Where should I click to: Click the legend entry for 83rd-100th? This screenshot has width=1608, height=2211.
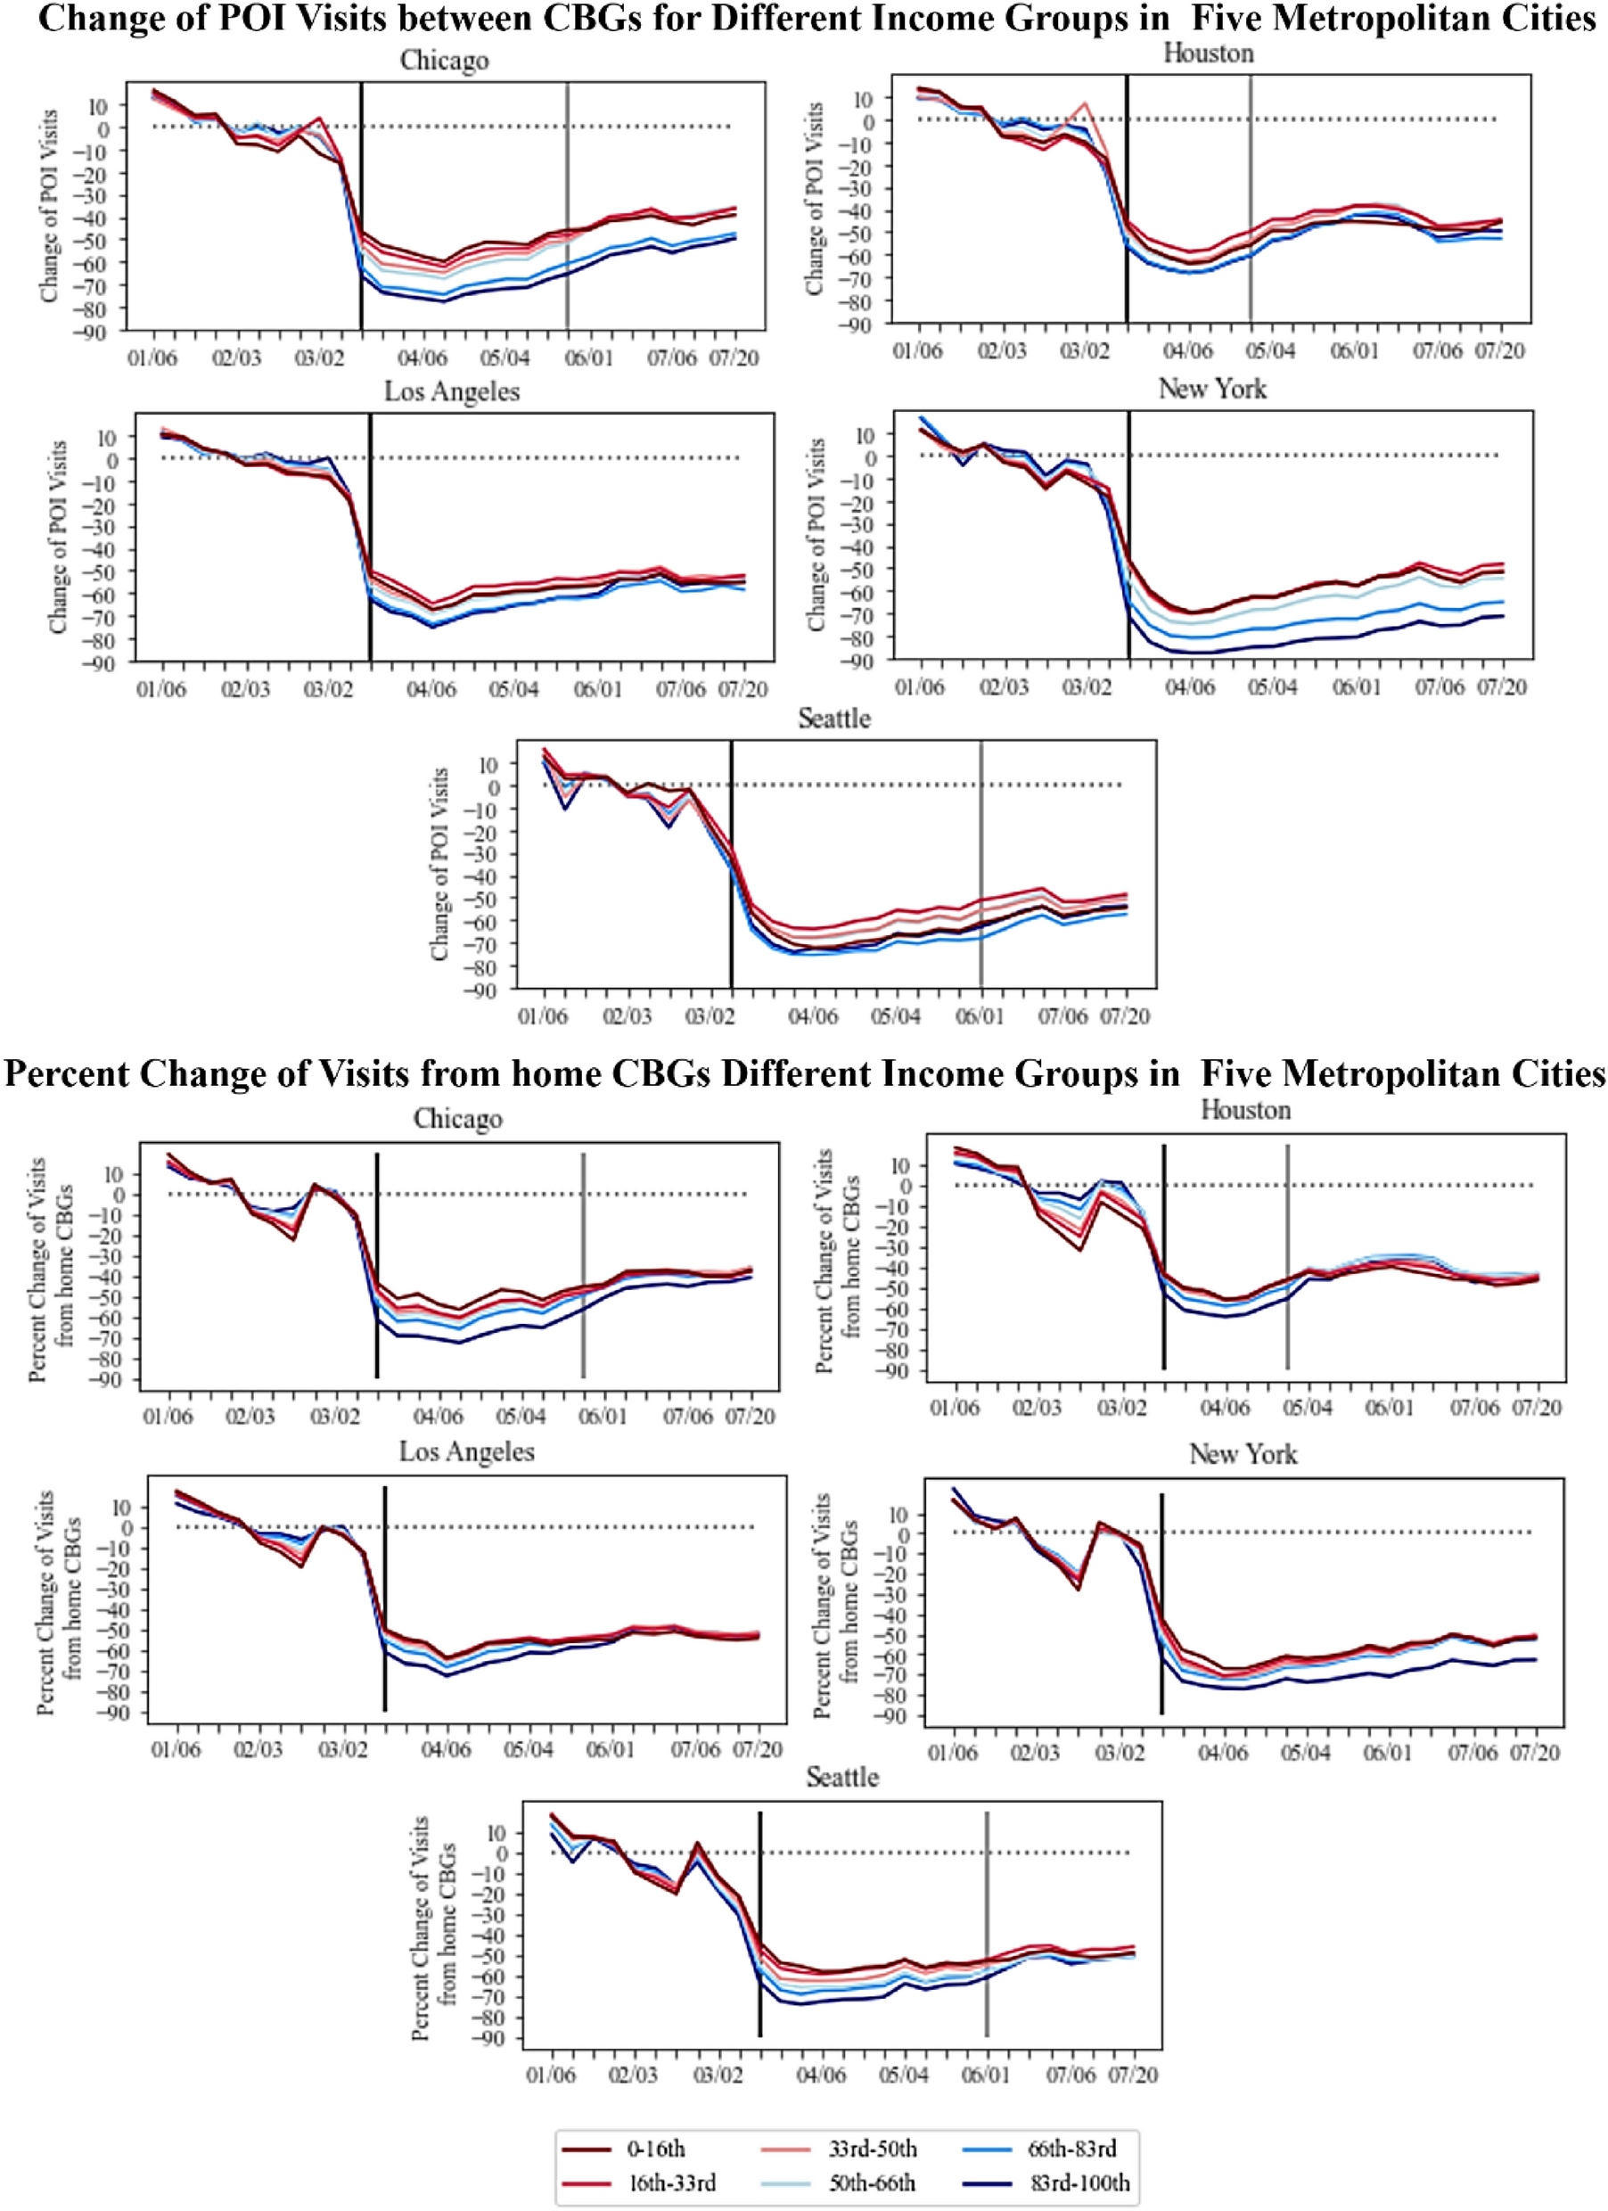click(x=1079, y=2182)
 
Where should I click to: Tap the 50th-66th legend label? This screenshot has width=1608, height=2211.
click(x=871, y=2182)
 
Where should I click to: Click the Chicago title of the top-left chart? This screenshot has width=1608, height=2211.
click(x=445, y=61)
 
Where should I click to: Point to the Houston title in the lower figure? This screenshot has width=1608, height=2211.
click(x=1244, y=1109)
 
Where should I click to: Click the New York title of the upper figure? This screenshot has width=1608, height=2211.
click(x=1211, y=389)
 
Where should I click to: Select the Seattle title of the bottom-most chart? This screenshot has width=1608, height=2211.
click(x=842, y=1777)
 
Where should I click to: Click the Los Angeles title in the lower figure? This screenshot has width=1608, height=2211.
click(x=466, y=1451)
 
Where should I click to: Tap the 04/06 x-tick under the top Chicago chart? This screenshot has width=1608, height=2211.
click(x=422, y=358)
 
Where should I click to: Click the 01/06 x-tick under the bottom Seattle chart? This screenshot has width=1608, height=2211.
click(x=551, y=2075)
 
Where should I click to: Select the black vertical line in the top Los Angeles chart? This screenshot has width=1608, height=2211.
click(x=370, y=536)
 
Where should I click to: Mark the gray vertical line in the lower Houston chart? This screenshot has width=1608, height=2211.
click(x=1287, y=1258)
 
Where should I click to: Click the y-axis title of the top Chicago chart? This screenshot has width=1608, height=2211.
click(x=49, y=205)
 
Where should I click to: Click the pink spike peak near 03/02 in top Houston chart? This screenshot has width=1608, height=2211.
click(x=1085, y=103)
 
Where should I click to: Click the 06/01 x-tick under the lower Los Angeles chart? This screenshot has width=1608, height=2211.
click(x=609, y=1750)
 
